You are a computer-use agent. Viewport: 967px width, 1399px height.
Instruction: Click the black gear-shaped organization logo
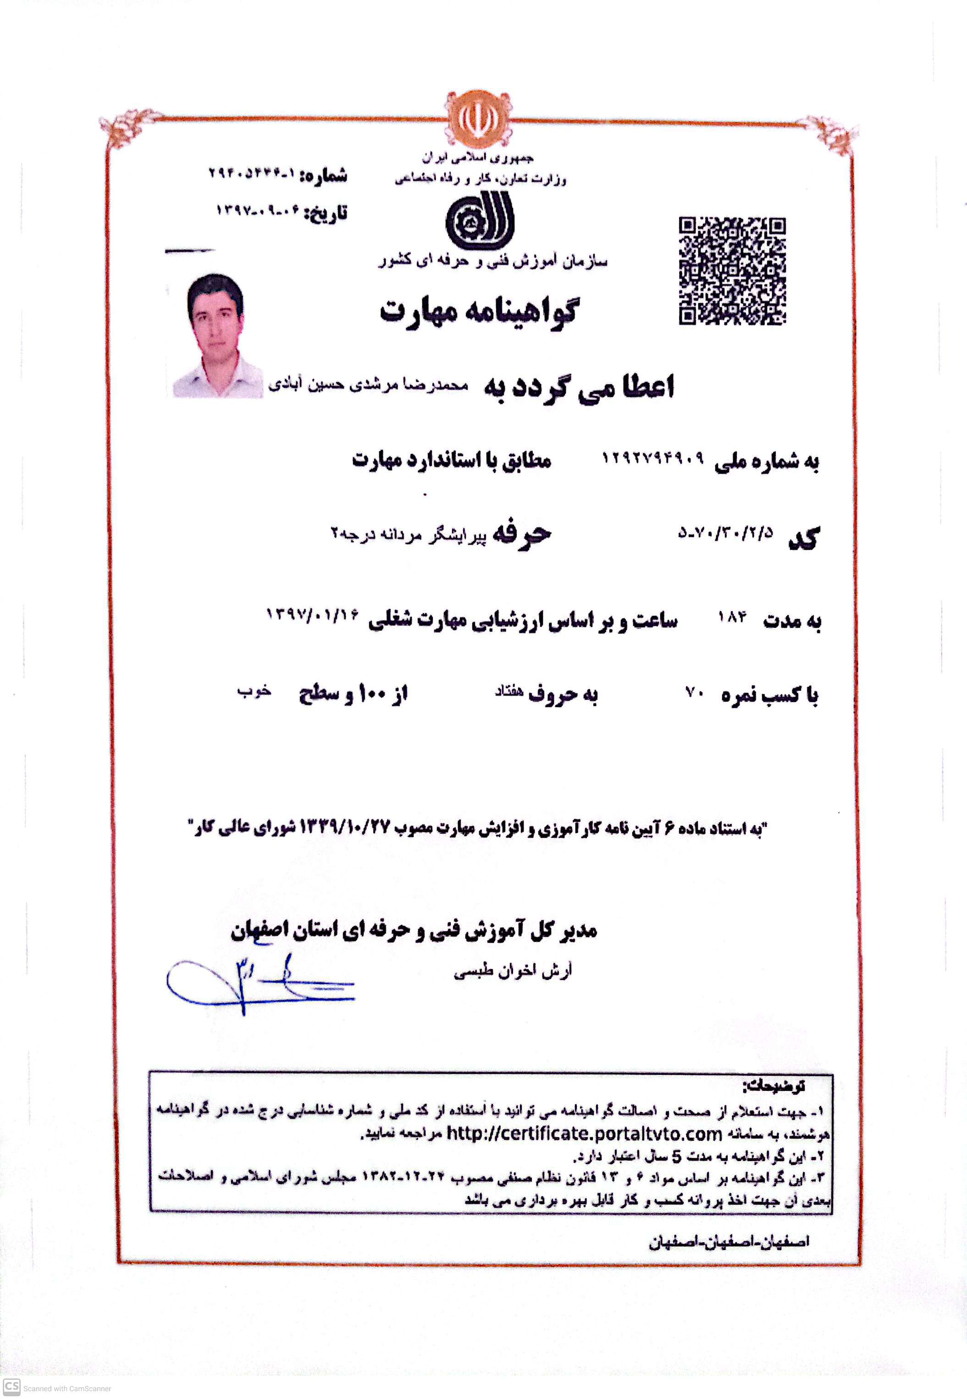479,221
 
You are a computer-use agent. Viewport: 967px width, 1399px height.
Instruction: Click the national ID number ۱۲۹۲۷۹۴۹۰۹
652,459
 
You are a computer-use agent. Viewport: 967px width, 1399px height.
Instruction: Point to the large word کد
804,537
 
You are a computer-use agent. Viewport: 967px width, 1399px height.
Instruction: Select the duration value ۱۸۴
732,617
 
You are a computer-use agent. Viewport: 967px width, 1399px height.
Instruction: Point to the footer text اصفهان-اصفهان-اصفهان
729,1243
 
